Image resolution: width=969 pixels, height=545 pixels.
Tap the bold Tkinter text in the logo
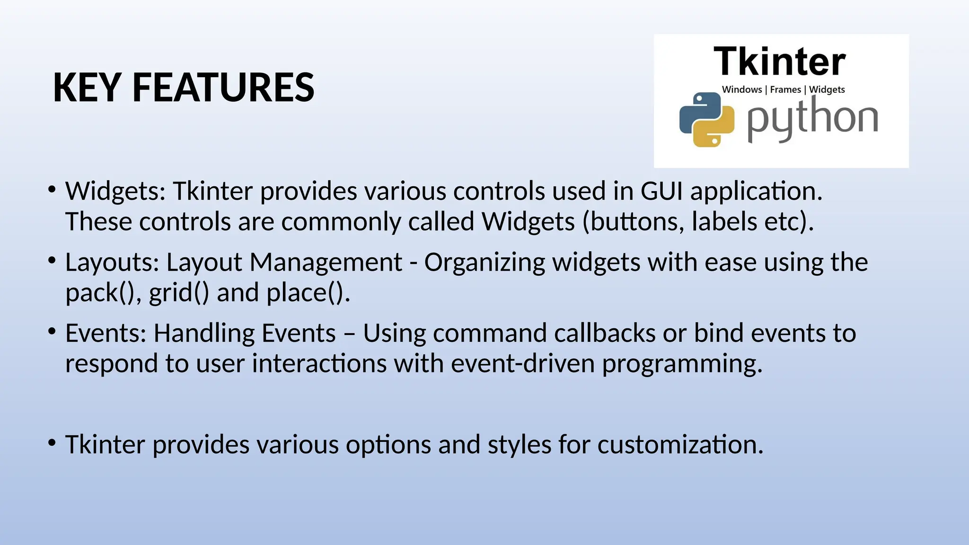pos(779,62)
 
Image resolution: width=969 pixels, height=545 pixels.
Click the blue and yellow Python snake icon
pos(706,119)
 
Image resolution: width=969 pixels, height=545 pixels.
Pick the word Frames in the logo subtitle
pos(785,89)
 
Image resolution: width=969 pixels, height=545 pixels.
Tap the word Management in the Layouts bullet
pos(326,262)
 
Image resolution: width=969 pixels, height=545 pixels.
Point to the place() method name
pos(307,293)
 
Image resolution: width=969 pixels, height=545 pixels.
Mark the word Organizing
pos(484,262)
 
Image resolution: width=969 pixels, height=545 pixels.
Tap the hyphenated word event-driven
pos(522,363)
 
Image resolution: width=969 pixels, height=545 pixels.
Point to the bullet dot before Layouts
pos(52,260)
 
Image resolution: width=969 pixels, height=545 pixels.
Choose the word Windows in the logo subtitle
pos(741,89)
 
